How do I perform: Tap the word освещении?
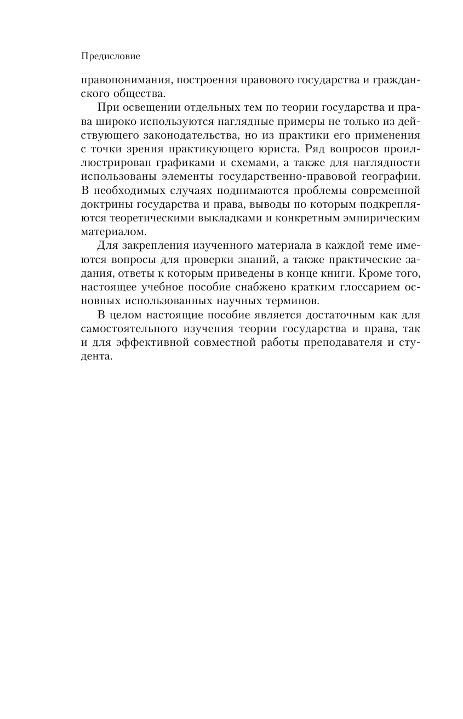(x=142, y=107)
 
